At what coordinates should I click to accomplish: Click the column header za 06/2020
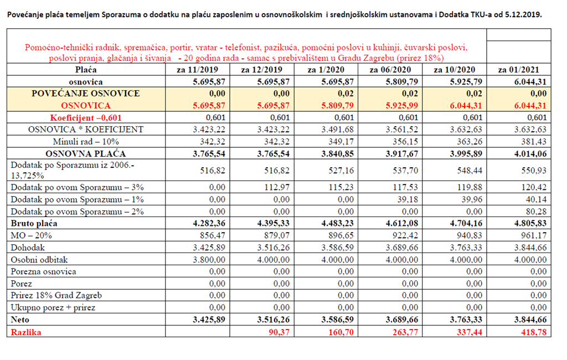(390, 69)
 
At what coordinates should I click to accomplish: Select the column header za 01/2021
(518, 69)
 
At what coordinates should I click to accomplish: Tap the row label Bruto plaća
(34, 223)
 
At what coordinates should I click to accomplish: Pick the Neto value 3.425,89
(209, 320)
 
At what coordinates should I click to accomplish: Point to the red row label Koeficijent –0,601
(86, 117)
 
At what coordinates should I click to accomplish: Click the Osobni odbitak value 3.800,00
(209, 259)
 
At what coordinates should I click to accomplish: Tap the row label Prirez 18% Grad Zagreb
(56, 295)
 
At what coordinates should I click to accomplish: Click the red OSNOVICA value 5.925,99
(402, 106)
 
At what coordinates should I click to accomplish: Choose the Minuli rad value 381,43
(534, 141)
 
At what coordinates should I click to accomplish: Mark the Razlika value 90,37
(279, 332)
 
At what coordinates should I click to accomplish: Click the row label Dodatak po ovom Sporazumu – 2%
(78, 212)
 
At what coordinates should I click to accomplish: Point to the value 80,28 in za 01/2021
(536, 212)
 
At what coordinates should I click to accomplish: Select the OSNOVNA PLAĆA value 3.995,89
(466, 154)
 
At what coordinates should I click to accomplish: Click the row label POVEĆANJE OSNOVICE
(86, 94)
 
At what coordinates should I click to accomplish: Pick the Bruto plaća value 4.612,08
(402, 223)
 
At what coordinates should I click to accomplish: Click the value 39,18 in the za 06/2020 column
(408, 199)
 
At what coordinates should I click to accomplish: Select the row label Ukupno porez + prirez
(53, 307)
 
